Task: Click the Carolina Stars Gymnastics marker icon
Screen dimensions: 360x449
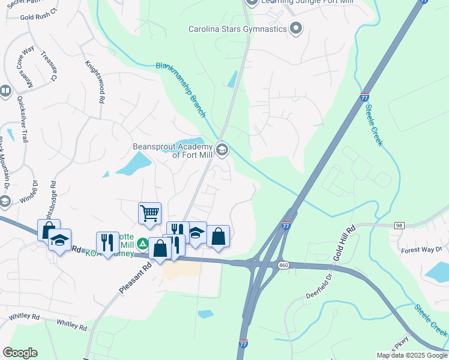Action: pos(295,28)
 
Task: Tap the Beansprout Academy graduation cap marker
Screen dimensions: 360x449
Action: pos(222,149)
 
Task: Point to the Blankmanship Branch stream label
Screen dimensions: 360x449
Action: pos(180,90)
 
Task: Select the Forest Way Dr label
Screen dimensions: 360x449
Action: pos(421,250)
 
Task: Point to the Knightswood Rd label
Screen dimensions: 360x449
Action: pos(95,82)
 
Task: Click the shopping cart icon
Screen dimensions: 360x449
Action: pos(149,212)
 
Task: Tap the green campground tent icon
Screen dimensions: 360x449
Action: pos(142,244)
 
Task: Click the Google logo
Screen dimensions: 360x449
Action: pos(20,353)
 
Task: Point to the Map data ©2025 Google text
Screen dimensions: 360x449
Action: pos(411,355)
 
